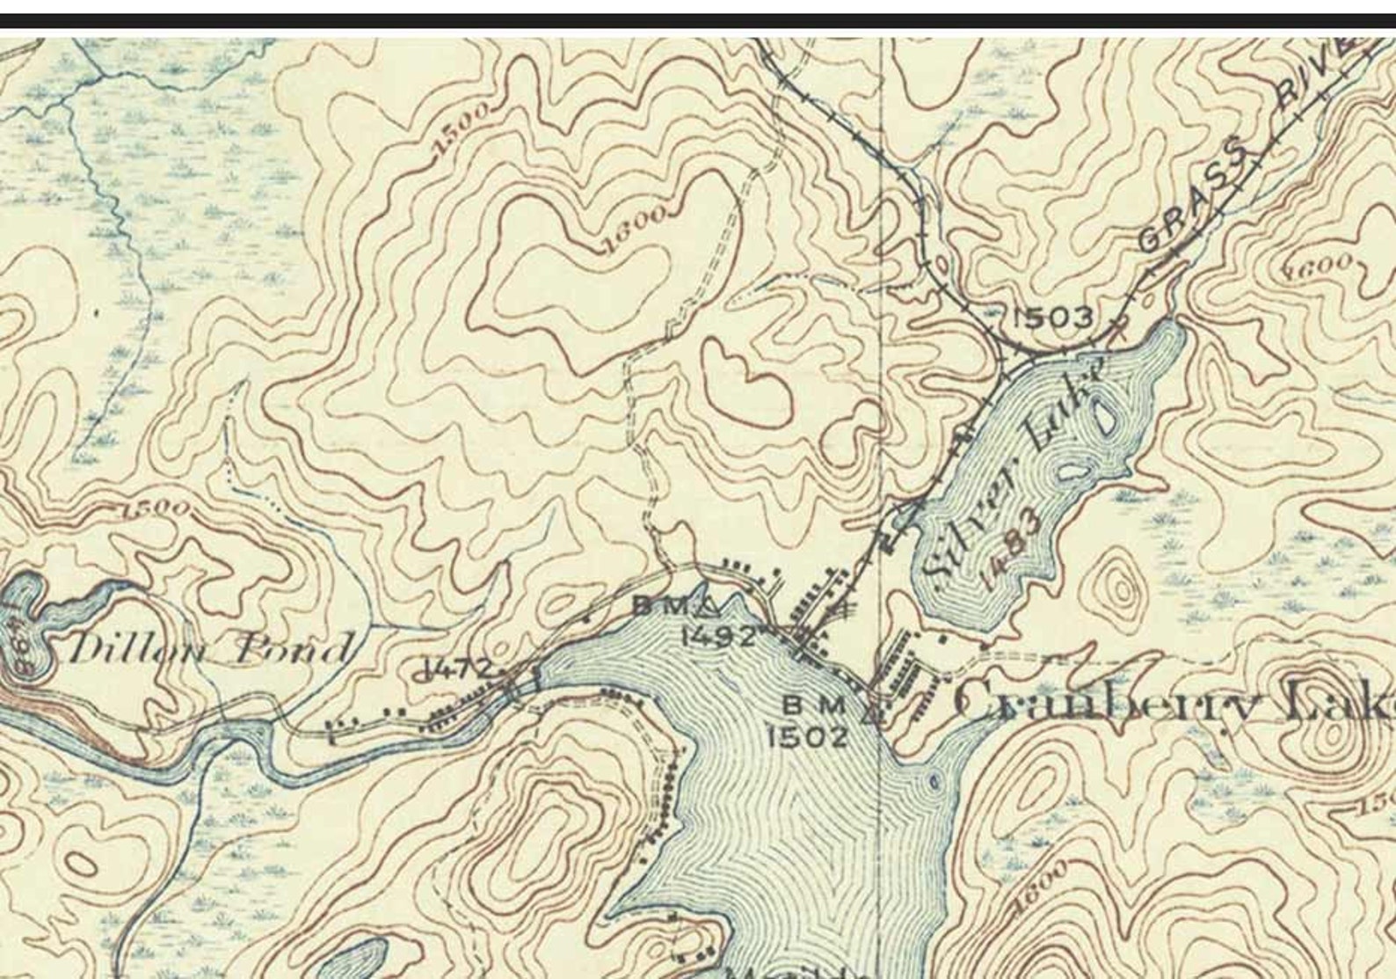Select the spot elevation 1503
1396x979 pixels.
[1051, 318]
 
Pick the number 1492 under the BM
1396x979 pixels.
[719, 635]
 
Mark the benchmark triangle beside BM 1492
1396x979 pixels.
[710, 606]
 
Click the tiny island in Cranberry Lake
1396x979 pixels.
[933, 781]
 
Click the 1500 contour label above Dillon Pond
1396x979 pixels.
[156, 508]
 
